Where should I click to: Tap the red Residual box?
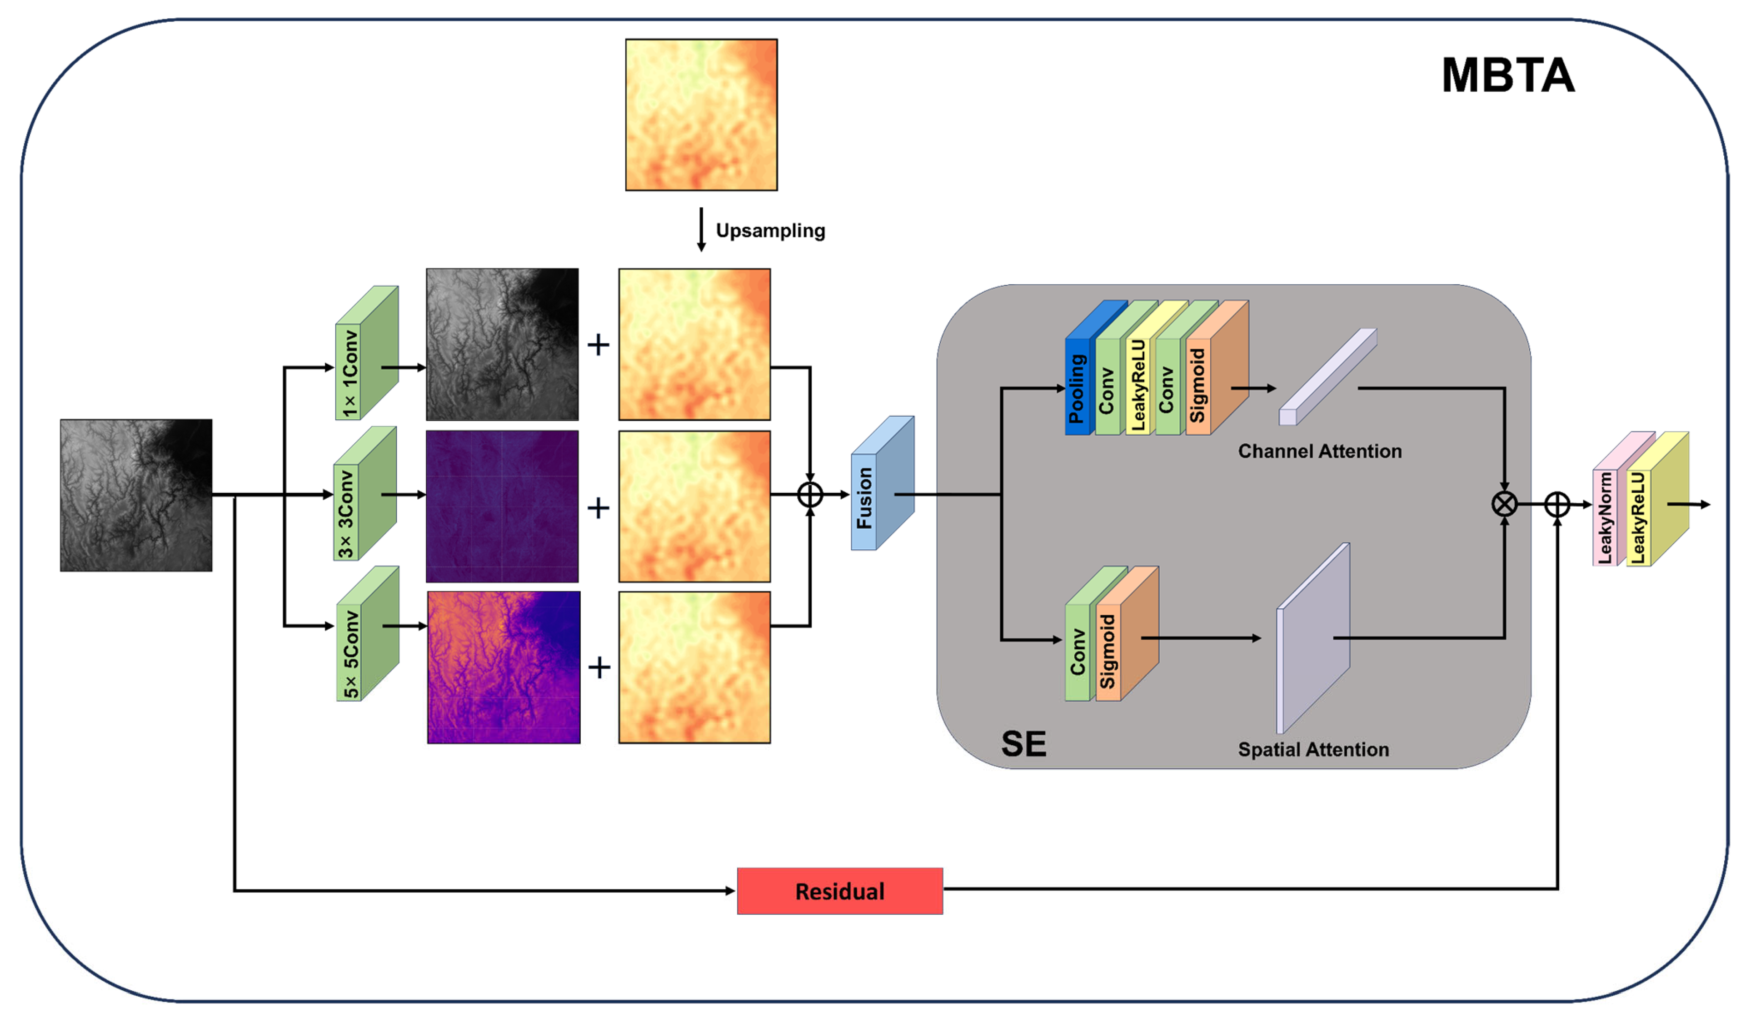click(840, 891)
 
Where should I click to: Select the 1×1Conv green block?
click(350, 372)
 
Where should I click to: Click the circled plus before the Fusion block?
click(810, 495)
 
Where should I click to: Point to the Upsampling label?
click(770, 231)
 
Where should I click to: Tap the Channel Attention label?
click(1319, 451)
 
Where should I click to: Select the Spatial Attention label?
click(1313, 749)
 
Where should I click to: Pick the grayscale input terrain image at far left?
click(136, 495)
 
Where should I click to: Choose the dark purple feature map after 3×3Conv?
click(502, 506)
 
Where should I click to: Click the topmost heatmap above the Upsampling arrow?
click(701, 115)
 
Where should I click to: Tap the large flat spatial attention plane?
click(1313, 637)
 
